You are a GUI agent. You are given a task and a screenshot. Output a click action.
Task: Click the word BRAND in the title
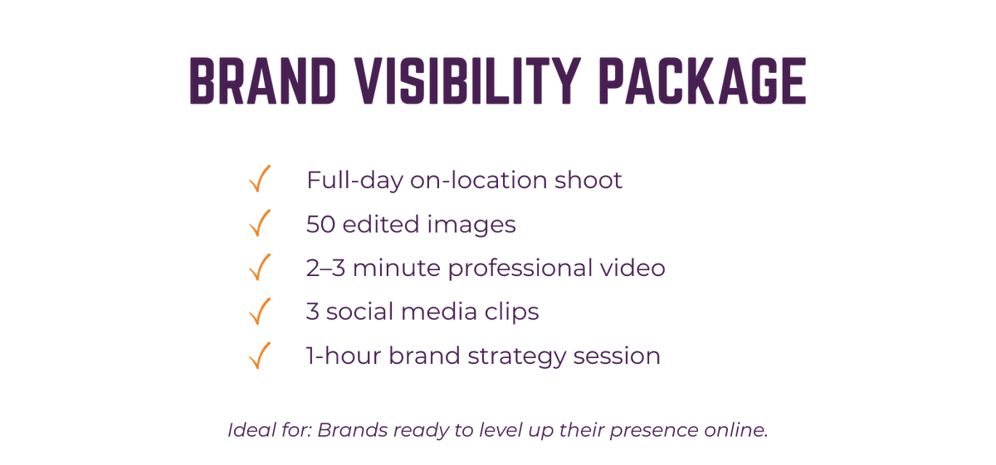(x=263, y=81)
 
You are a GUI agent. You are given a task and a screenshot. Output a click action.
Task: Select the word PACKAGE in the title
(x=702, y=81)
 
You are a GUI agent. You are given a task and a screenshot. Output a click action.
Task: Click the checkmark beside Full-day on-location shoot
(x=260, y=178)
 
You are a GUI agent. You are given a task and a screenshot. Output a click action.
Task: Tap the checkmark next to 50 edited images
(x=260, y=223)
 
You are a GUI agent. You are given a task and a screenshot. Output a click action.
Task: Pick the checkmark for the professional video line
(x=260, y=267)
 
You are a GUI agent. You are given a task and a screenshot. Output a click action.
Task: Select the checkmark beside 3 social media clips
(x=260, y=311)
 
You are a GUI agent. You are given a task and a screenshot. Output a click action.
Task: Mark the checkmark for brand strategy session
(x=260, y=356)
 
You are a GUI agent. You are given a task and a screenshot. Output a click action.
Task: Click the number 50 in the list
(x=320, y=224)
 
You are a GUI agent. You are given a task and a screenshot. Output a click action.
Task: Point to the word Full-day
(x=354, y=181)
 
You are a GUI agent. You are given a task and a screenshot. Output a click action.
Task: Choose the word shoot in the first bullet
(x=588, y=179)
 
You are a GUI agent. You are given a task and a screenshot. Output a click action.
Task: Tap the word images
(x=471, y=225)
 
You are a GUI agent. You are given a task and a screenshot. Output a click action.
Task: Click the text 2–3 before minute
(x=325, y=268)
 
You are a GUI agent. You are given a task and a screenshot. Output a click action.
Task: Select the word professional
(x=520, y=269)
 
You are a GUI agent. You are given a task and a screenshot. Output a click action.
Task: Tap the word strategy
(x=516, y=357)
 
